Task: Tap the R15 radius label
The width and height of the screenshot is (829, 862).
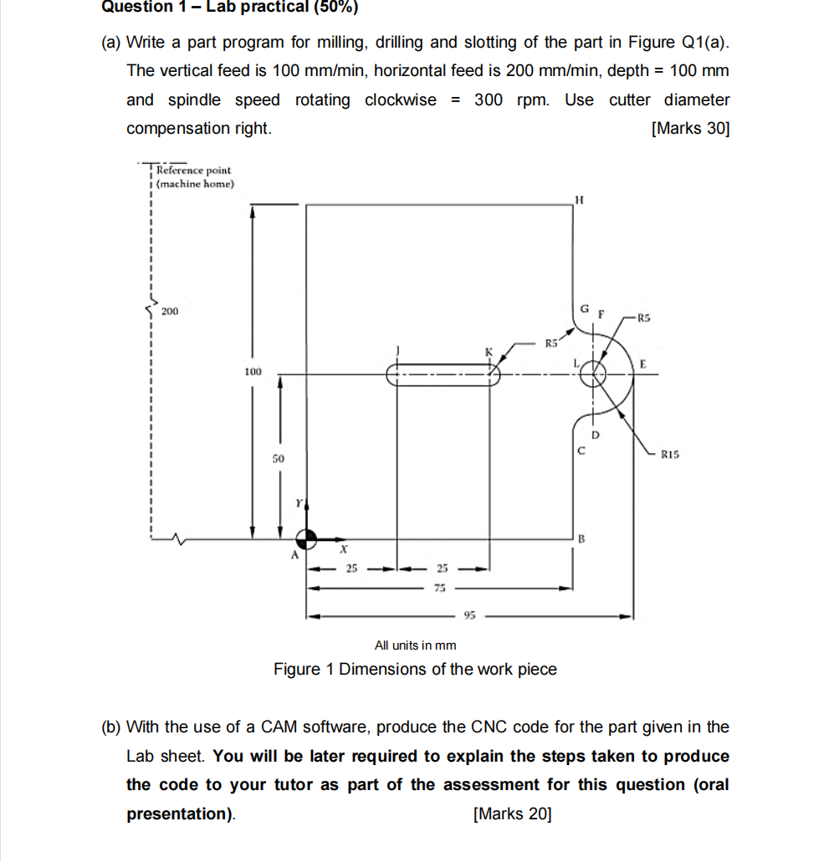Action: coord(670,456)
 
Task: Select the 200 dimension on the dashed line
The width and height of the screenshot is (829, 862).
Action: coord(170,311)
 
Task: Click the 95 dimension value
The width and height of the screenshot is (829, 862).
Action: coord(469,617)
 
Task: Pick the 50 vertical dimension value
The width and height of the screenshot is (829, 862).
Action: coord(279,459)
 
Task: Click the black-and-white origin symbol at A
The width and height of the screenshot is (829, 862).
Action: coord(307,539)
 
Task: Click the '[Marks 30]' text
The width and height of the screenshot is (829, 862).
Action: coord(689,129)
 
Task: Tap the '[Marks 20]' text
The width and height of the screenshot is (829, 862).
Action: coord(512,814)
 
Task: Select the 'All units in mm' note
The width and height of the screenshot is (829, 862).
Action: coord(415,645)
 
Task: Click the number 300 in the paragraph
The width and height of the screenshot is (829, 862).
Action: coord(489,100)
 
